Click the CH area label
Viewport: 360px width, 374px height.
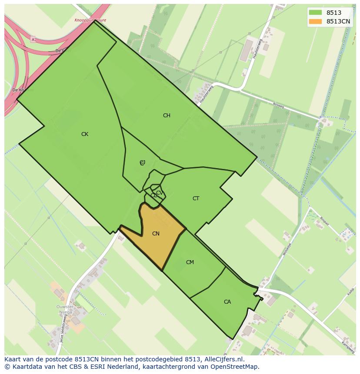point(167,116)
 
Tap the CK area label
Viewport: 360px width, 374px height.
point(85,134)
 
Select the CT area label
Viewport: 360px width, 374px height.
point(196,199)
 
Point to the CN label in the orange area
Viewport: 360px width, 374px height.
point(156,234)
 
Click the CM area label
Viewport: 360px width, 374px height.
point(190,262)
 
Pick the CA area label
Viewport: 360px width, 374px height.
point(227,302)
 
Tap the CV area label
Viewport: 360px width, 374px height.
point(159,193)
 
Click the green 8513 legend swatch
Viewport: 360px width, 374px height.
point(315,13)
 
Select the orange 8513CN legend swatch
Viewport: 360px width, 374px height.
point(315,21)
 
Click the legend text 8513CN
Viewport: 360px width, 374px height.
point(338,21)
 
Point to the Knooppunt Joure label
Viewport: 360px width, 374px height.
point(90,20)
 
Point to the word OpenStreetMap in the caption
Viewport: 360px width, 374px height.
point(237,367)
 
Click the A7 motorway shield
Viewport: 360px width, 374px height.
point(33,40)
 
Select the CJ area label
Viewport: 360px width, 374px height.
point(142,162)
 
